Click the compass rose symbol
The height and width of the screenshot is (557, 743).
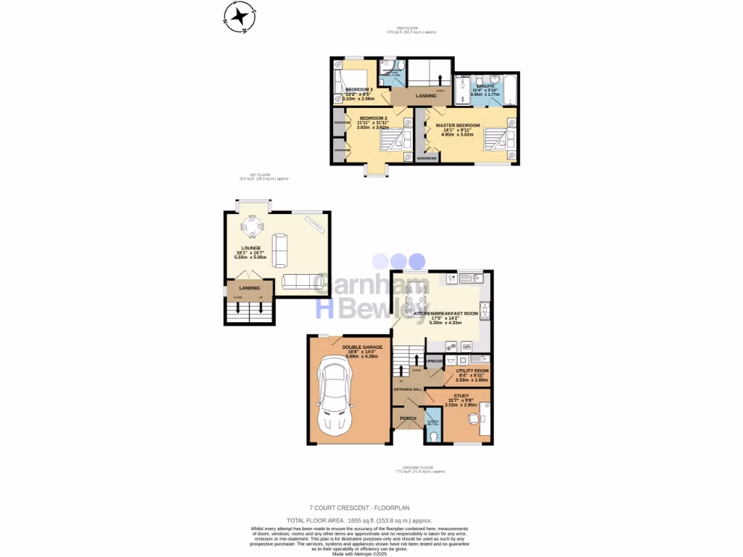(239, 17)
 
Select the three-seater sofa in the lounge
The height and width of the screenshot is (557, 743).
(303, 281)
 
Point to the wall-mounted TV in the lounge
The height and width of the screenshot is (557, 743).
(314, 226)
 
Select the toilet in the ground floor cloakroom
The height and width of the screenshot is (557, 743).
(433, 436)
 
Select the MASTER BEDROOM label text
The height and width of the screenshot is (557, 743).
(458, 125)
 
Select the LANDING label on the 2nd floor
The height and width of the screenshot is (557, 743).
(425, 96)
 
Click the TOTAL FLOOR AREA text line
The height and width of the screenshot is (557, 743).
(359, 521)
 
